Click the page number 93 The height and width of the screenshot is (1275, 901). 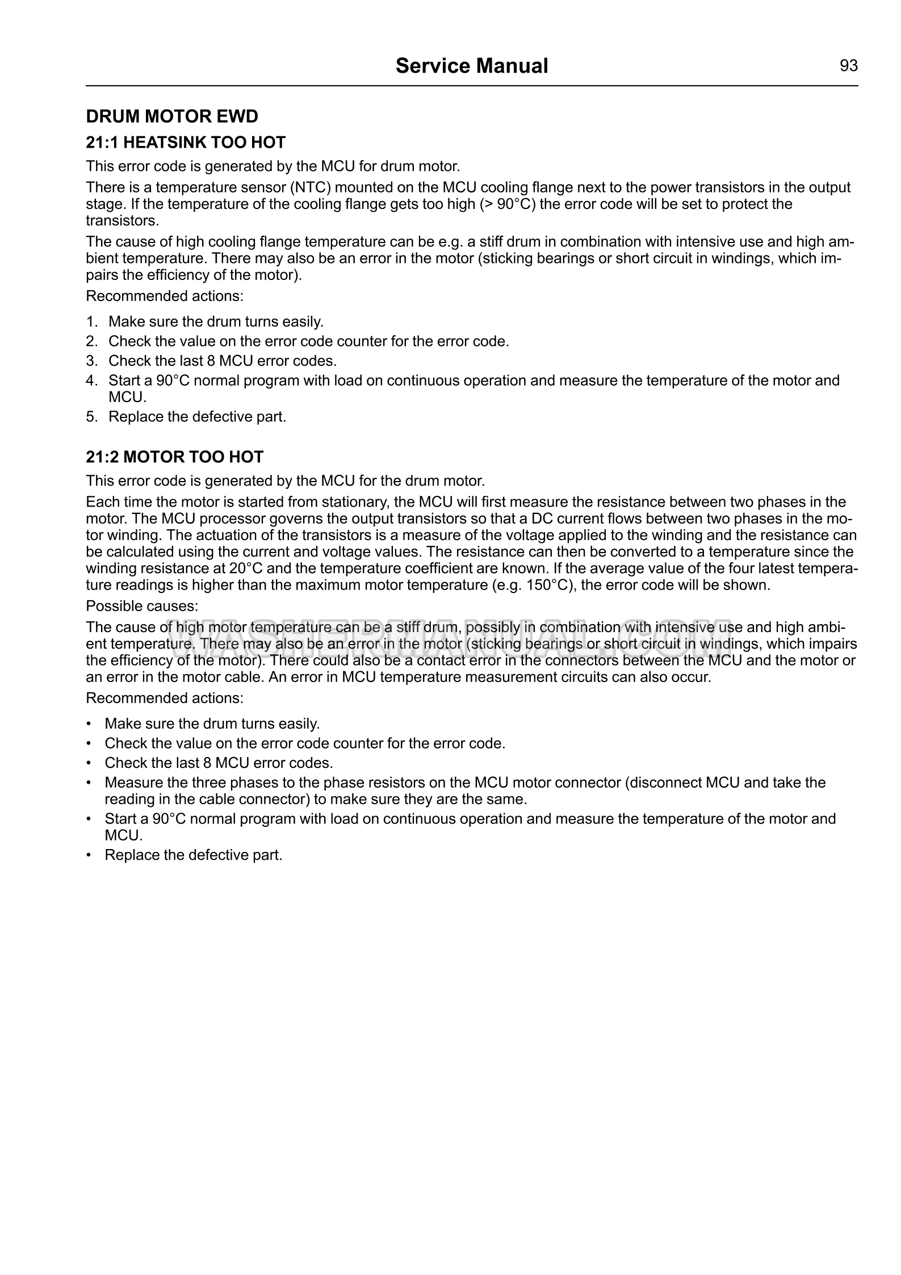(x=848, y=66)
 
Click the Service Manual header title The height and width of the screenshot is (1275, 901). (x=471, y=66)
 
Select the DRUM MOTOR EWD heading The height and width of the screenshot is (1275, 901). (x=171, y=116)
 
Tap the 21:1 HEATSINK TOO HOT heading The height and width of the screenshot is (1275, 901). (x=185, y=142)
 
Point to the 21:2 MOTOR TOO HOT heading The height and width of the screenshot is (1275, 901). (x=174, y=457)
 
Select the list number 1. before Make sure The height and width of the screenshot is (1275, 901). (x=92, y=322)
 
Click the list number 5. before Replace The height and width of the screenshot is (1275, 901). (x=92, y=417)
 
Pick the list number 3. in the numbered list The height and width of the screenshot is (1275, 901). (x=92, y=361)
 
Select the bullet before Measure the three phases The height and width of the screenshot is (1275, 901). (x=88, y=783)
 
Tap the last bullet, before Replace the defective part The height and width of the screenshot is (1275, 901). (x=88, y=855)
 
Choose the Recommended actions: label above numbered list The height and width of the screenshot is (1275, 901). (x=165, y=296)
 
